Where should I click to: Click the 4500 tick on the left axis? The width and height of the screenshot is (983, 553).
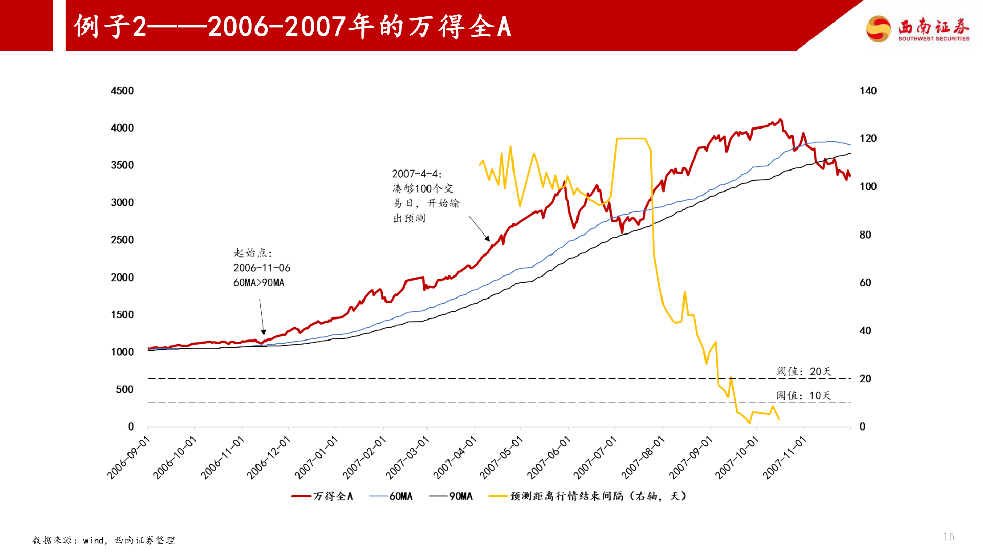tap(122, 91)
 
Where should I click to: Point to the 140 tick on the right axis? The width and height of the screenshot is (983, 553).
tap(868, 91)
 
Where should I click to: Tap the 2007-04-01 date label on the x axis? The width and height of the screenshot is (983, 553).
tap(455, 457)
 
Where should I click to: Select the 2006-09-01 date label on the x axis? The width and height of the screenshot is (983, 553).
tap(129, 457)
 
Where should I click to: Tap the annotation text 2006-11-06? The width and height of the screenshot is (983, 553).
tap(262, 268)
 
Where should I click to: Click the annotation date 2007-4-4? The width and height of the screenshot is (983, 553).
tap(416, 174)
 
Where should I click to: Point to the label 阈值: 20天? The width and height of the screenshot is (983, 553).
tap(804, 371)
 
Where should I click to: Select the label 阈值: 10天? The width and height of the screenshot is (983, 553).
tap(803, 395)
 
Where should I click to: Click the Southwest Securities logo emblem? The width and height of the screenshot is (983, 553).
tap(879, 28)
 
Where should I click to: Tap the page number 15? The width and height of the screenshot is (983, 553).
tap(949, 536)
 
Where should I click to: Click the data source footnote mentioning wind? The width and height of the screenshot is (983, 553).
tap(104, 540)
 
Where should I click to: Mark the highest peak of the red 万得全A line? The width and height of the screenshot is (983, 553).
tap(780, 120)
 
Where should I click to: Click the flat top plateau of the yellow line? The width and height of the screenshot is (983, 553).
tap(631, 138)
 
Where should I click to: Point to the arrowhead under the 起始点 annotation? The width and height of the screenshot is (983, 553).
tap(263, 332)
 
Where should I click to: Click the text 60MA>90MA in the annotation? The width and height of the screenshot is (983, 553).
tap(259, 283)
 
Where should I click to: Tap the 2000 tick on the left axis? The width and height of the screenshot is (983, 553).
tap(122, 278)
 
